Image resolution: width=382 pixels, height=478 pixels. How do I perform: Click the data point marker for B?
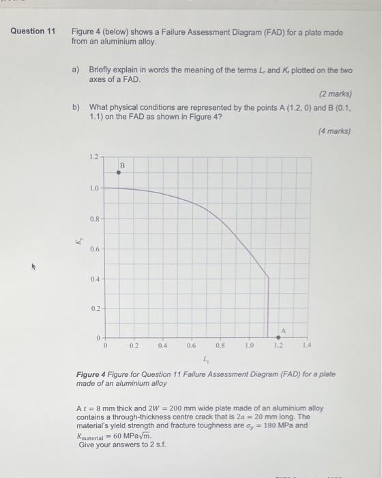118,173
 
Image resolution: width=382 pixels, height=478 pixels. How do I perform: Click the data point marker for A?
278,337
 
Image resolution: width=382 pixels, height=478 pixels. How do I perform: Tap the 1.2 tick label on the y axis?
93,158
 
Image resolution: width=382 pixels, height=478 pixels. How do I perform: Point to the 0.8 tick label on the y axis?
93,219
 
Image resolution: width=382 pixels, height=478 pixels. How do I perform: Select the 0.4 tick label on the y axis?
93,279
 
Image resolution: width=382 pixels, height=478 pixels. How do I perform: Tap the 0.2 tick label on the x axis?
134,347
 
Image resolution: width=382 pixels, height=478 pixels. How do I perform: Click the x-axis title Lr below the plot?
207,360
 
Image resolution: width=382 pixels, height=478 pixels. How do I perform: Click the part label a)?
76,70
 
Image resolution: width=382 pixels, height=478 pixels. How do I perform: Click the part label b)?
76,107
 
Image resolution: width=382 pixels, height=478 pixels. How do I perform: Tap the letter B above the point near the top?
122,165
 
